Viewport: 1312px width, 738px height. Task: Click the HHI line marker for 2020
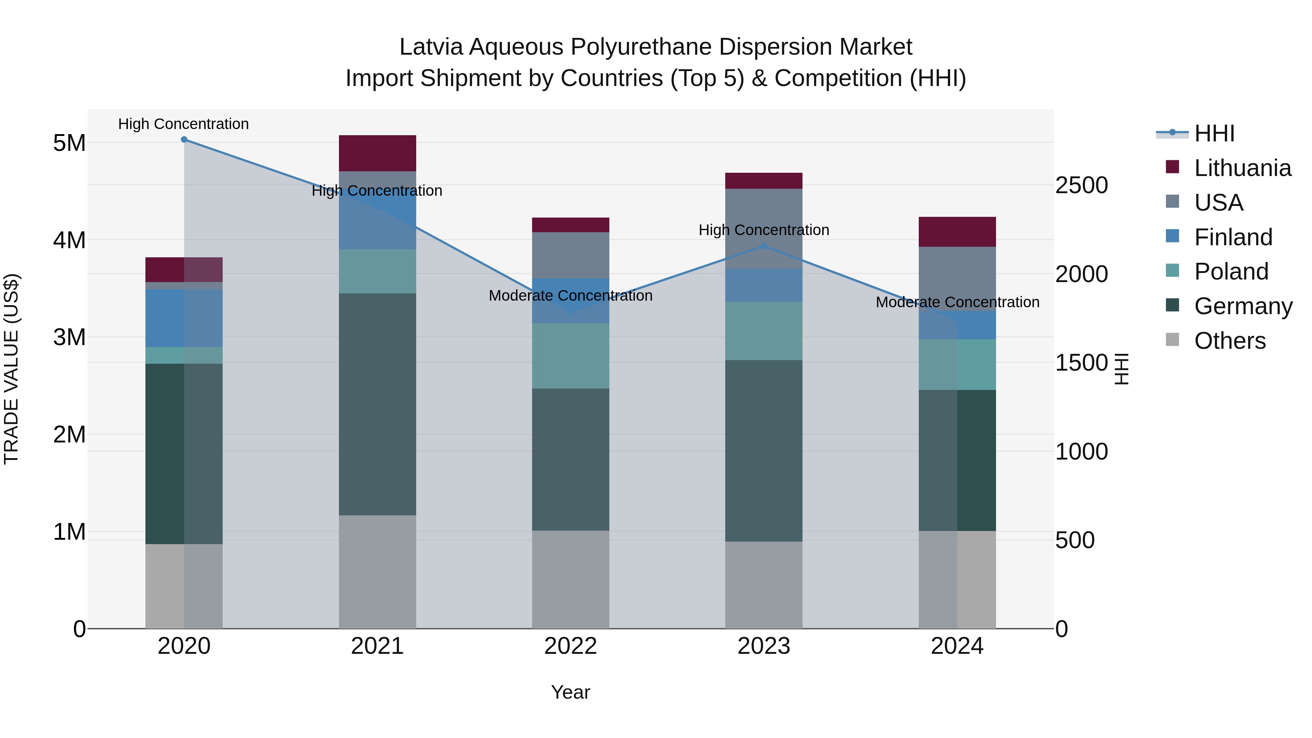point(184,140)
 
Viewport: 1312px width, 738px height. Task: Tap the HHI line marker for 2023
point(764,246)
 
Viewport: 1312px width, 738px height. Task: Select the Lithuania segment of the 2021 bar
point(378,153)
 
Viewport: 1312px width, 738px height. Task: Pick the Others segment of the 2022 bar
point(570,579)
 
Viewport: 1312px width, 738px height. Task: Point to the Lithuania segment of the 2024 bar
point(957,232)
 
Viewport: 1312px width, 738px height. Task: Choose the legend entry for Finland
point(1233,237)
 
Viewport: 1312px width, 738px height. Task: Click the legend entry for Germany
point(1243,306)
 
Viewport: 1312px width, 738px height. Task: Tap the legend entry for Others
point(1230,341)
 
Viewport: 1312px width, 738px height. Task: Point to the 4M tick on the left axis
point(69,240)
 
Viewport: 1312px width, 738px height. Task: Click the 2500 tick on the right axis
point(1081,186)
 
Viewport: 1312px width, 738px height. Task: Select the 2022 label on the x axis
point(570,646)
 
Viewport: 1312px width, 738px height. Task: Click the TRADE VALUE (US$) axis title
point(12,369)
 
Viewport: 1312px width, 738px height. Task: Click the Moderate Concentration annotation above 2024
point(957,302)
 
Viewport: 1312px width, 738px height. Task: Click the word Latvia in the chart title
point(431,47)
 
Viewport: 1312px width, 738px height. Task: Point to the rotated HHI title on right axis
point(1121,369)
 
